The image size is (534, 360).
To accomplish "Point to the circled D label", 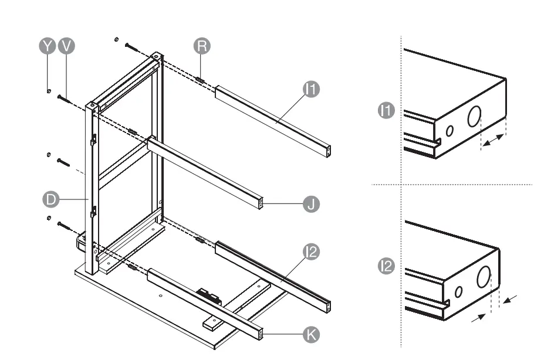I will [x=50, y=199].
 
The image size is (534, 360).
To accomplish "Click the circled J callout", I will [x=311, y=204].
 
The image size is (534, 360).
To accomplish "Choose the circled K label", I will [x=310, y=334].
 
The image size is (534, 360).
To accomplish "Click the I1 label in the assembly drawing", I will [x=311, y=89].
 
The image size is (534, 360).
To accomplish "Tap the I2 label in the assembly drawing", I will [x=311, y=252].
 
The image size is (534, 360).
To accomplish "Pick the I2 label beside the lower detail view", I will [x=386, y=266].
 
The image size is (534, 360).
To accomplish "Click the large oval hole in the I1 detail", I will [x=474, y=117].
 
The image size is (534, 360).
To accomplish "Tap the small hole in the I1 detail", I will [x=449, y=130].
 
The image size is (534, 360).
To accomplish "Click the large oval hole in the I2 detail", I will [x=484, y=276].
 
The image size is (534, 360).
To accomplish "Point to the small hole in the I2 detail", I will [x=459, y=291].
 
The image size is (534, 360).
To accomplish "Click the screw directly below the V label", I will [x=65, y=99].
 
